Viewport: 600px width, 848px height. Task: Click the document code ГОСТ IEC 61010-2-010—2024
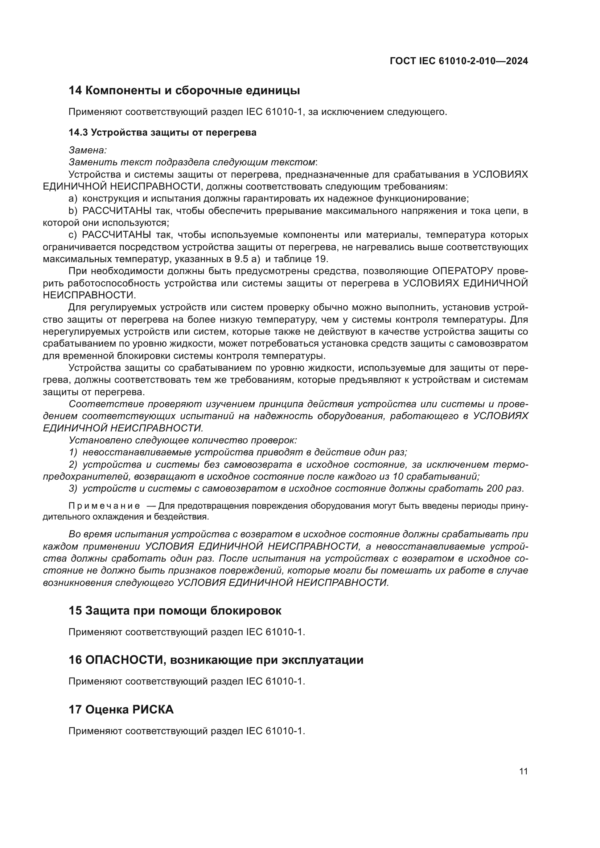pos(459,61)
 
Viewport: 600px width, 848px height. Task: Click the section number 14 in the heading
pos(75,91)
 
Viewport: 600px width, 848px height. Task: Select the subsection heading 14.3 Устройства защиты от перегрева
pos(162,133)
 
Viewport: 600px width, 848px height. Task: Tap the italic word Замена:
pos(87,150)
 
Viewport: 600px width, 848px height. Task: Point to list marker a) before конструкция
pos(73,199)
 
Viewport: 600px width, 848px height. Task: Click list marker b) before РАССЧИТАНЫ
pos(73,211)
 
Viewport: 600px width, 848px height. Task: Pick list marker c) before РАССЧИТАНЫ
pos(73,235)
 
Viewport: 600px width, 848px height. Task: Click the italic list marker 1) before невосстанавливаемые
pos(73,452)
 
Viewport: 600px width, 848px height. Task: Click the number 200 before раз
pos(496,489)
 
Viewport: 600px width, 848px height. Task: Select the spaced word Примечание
pos(104,506)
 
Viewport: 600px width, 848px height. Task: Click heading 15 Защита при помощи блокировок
pos(175,611)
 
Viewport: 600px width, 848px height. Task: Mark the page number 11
pos(523,772)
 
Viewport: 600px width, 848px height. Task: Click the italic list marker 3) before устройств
pos(73,489)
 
